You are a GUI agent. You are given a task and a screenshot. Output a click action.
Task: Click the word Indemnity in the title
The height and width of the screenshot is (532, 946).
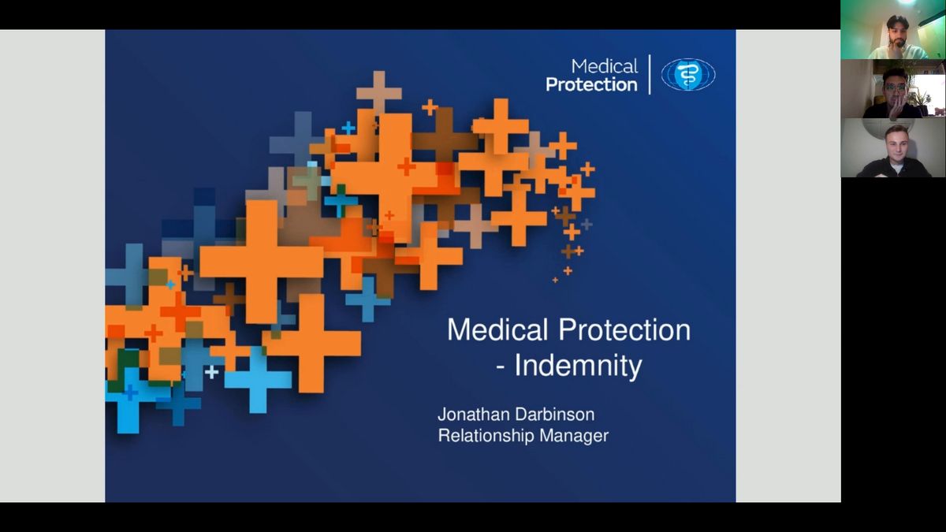coord(578,366)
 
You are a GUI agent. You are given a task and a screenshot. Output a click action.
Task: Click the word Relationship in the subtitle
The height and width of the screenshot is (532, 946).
coord(486,436)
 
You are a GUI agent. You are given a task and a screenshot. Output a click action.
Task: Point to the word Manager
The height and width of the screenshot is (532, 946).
coord(575,436)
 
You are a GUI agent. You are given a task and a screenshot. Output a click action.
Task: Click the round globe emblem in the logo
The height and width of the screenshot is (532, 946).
coord(688,74)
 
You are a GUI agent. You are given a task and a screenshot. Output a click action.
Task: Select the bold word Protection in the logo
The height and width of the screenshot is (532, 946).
coord(592,85)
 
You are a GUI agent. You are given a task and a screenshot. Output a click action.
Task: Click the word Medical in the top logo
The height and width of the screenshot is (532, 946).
coord(605,66)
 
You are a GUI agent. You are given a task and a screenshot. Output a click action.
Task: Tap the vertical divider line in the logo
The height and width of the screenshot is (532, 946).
coord(650,74)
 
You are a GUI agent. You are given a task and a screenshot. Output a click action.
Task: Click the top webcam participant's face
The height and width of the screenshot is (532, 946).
coord(897,32)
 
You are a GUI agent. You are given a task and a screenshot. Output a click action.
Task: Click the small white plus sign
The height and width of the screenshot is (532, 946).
coord(211,372)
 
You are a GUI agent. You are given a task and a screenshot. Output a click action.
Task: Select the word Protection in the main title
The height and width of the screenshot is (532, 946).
coord(624,329)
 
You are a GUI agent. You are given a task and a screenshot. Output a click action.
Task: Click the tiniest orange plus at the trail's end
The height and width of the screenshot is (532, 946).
coord(555,280)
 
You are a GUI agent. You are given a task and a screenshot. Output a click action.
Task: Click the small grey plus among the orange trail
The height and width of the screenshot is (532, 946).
coord(587,224)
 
